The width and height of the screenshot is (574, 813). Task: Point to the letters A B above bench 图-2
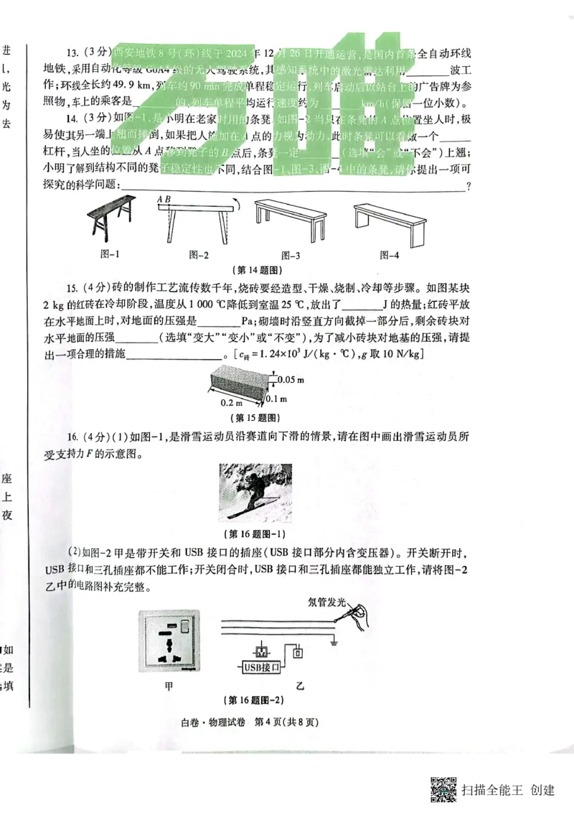tap(164, 199)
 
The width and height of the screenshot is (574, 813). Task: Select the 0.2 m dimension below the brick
tap(231, 403)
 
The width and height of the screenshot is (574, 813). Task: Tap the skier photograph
tap(256, 493)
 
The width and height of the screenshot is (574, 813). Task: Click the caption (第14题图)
tap(256, 271)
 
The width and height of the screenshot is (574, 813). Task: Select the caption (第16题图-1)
tap(256, 534)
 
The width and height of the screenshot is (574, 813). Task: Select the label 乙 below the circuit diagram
tap(300, 686)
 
